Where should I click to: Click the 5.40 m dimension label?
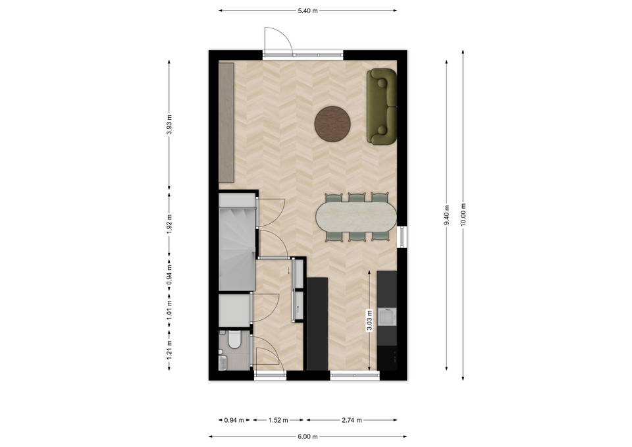tap(307, 11)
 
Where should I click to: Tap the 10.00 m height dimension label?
tap(463, 215)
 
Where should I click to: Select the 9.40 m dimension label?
tap(446, 215)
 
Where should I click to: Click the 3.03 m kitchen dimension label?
tap(369, 321)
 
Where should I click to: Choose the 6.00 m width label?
tap(307, 436)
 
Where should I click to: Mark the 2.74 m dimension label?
tap(352, 421)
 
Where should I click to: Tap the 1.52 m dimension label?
tap(278, 421)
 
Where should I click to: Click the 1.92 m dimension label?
tap(170, 223)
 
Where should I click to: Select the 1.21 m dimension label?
tap(170, 350)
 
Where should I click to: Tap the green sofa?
tap(382, 107)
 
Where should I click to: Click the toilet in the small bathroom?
tap(233, 340)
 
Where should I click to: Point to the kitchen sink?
tap(387, 317)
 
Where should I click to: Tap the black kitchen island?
tap(317, 324)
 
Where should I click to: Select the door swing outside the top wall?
tap(278, 39)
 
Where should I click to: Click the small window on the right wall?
tap(402, 236)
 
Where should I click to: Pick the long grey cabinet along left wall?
tap(226, 123)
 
